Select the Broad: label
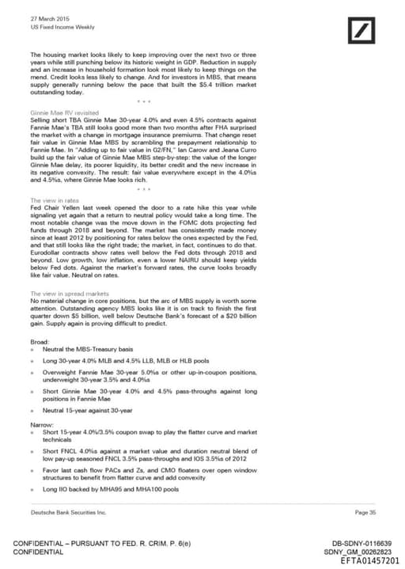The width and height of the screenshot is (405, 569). [40, 340]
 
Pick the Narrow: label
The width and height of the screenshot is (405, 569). [41, 425]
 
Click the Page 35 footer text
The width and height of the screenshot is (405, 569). [365, 513]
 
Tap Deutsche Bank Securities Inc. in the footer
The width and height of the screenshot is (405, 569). [67, 513]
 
